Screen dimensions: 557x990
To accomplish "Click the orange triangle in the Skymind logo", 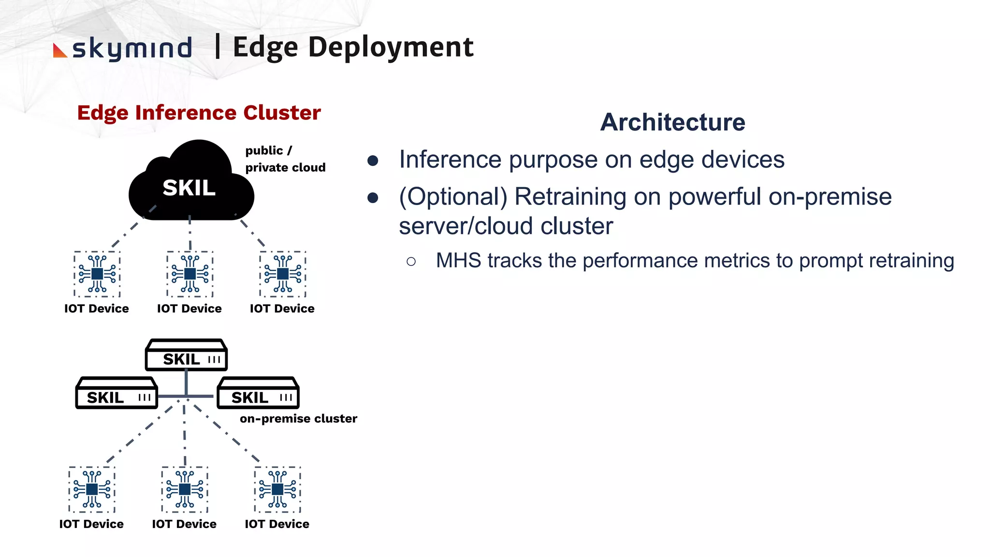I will click(58, 51).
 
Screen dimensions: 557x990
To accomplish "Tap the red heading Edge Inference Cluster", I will click(199, 113).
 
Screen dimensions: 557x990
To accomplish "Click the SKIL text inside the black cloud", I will click(189, 188).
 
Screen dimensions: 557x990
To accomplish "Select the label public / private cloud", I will click(285, 159).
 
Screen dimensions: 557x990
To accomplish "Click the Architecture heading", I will click(672, 122).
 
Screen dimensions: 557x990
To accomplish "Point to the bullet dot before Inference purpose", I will click(373, 161).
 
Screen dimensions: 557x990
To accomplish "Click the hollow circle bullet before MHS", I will click(411, 262).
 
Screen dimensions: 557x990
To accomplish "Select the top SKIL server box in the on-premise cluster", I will click(187, 356).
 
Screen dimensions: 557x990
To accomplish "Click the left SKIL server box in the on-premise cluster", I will click(116, 394).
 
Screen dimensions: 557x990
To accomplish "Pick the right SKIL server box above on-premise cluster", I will click(258, 394).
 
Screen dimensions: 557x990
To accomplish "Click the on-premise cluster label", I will click(298, 419).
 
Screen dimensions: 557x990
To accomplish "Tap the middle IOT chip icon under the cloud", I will click(190, 274).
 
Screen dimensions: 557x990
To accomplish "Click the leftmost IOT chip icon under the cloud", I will click(97, 274).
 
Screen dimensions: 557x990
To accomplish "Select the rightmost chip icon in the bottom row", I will click(277, 489).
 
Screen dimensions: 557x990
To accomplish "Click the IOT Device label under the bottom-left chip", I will click(91, 524).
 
